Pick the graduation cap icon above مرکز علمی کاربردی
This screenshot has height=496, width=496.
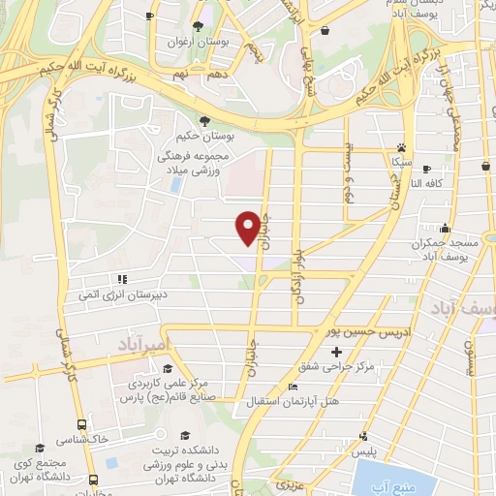[x=168, y=369]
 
